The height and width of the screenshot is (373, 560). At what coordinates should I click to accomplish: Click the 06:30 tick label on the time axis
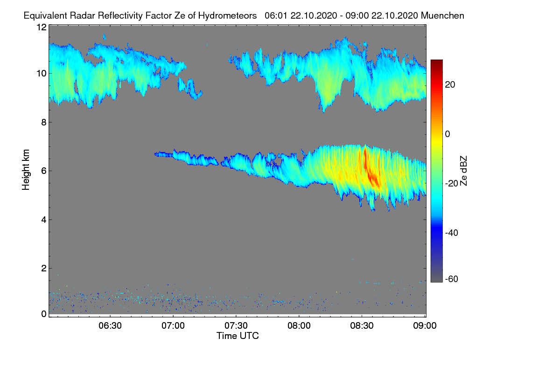click(x=110, y=326)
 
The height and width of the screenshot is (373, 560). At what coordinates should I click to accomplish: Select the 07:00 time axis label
click(x=173, y=326)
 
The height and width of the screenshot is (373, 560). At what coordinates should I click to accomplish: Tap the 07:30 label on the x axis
click(x=236, y=326)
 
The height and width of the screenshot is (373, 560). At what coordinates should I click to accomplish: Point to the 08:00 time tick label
click(x=299, y=326)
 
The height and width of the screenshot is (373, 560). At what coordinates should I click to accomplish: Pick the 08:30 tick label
click(x=362, y=326)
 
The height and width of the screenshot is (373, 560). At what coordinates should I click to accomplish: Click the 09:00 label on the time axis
click(x=425, y=326)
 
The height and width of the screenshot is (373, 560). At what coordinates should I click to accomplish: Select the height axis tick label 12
click(x=41, y=27)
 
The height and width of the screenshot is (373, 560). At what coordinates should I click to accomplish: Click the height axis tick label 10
click(x=41, y=73)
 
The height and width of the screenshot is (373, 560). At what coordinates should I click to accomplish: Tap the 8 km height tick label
click(x=43, y=122)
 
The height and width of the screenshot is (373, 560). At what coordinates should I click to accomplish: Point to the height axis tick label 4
click(x=43, y=220)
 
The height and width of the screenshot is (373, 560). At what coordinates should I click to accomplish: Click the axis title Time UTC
click(x=238, y=336)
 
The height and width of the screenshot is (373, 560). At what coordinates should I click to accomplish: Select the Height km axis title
click(x=26, y=170)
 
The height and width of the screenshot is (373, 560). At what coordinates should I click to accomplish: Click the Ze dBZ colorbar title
click(x=464, y=170)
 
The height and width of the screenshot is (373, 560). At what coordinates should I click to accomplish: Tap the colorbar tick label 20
click(x=450, y=84)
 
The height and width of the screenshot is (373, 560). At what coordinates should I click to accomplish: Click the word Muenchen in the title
click(x=442, y=15)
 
